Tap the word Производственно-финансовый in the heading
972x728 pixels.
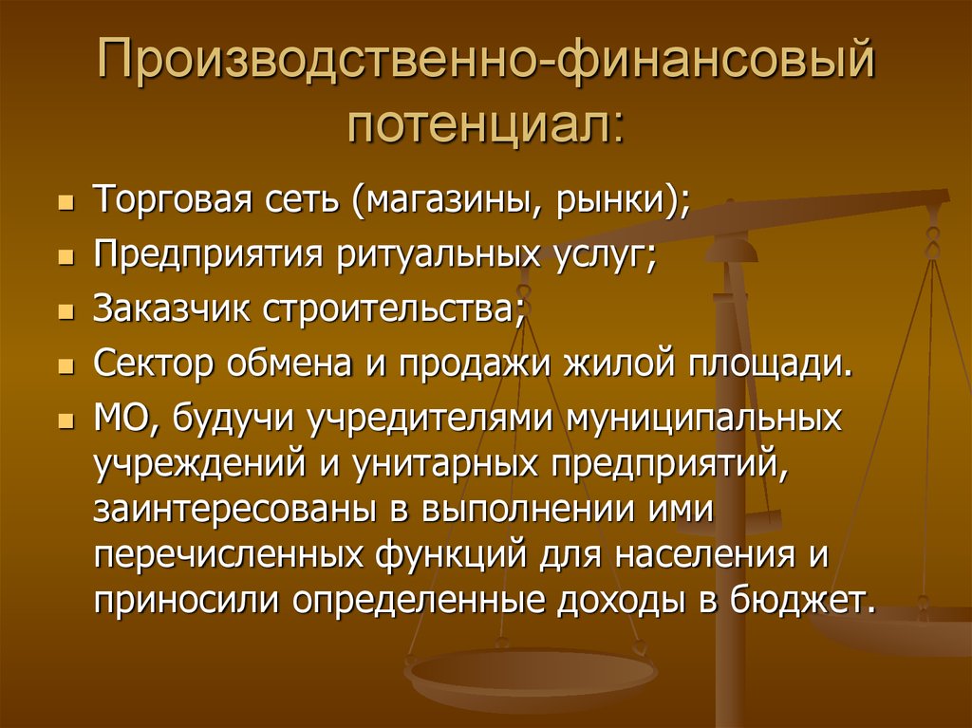pos(485,64)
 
